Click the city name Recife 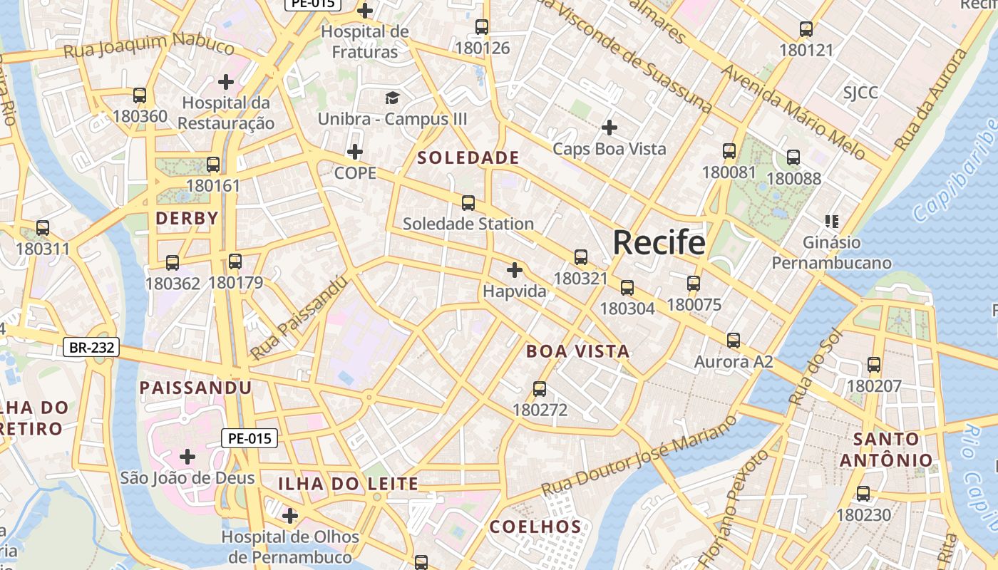tap(659, 243)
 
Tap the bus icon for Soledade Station tap(468, 203)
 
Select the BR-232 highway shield tap(91, 348)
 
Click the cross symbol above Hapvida tap(514, 270)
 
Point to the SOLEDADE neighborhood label tap(468, 158)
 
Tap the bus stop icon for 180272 tap(540, 389)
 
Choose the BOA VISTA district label tap(577, 351)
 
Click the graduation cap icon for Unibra tap(392, 98)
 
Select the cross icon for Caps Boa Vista tap(609, 128)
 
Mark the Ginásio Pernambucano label tap(831, 253)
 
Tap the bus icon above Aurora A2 tap(734, 341)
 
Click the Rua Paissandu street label tap(299, 317)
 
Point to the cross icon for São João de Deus tap(187, 456)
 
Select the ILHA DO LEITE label tap(348, 484)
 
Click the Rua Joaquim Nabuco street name tap(149, 46)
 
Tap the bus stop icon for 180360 tap(140, 95)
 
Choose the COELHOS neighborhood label tap(535, 527)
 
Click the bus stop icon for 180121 tap(806, 29)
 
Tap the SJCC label tap(860, 93)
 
